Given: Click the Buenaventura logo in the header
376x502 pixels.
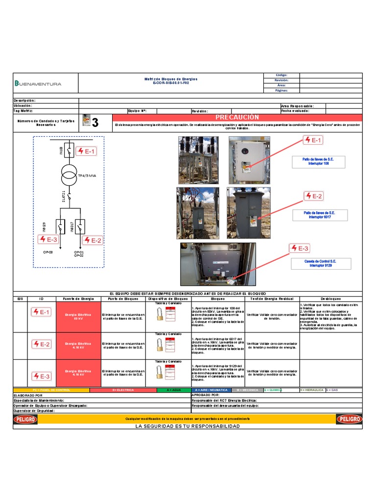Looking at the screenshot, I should pos(38,83).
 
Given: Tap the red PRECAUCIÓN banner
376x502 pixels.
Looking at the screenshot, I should pos(237,118).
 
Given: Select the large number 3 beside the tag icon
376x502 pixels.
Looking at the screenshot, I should pos(95,123).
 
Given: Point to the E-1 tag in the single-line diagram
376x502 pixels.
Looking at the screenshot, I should pos(86,151).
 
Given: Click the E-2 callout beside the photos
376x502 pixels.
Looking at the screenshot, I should pos(314,197).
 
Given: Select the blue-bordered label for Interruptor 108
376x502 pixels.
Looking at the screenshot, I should pos(319,161).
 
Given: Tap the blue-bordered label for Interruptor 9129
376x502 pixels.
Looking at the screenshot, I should pos(320,264).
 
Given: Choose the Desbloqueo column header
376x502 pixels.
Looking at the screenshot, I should pos(330,299).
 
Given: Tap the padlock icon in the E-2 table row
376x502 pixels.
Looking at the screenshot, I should pos(160,346).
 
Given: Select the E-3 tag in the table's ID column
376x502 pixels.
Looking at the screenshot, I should pos(42,376).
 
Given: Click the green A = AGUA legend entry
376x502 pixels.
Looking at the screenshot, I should pos(174,390).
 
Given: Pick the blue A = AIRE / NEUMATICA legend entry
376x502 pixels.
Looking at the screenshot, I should pos(210,390).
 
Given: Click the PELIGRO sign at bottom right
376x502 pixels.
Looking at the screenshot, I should pos(349,419).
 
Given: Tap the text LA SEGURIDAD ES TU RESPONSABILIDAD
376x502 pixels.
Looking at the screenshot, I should pos(188,427).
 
